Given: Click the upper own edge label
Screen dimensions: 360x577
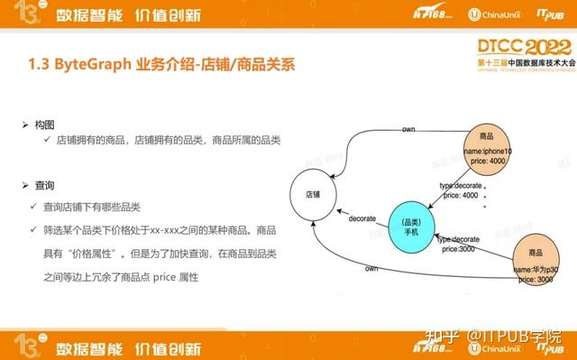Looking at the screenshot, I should [x=408, y=131].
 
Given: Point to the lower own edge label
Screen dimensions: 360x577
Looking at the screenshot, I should [x=371, y=269].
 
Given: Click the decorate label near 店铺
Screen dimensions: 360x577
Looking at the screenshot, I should [x=362, y=217].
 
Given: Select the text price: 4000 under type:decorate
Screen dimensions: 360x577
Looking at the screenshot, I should [x=458, y=195].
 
